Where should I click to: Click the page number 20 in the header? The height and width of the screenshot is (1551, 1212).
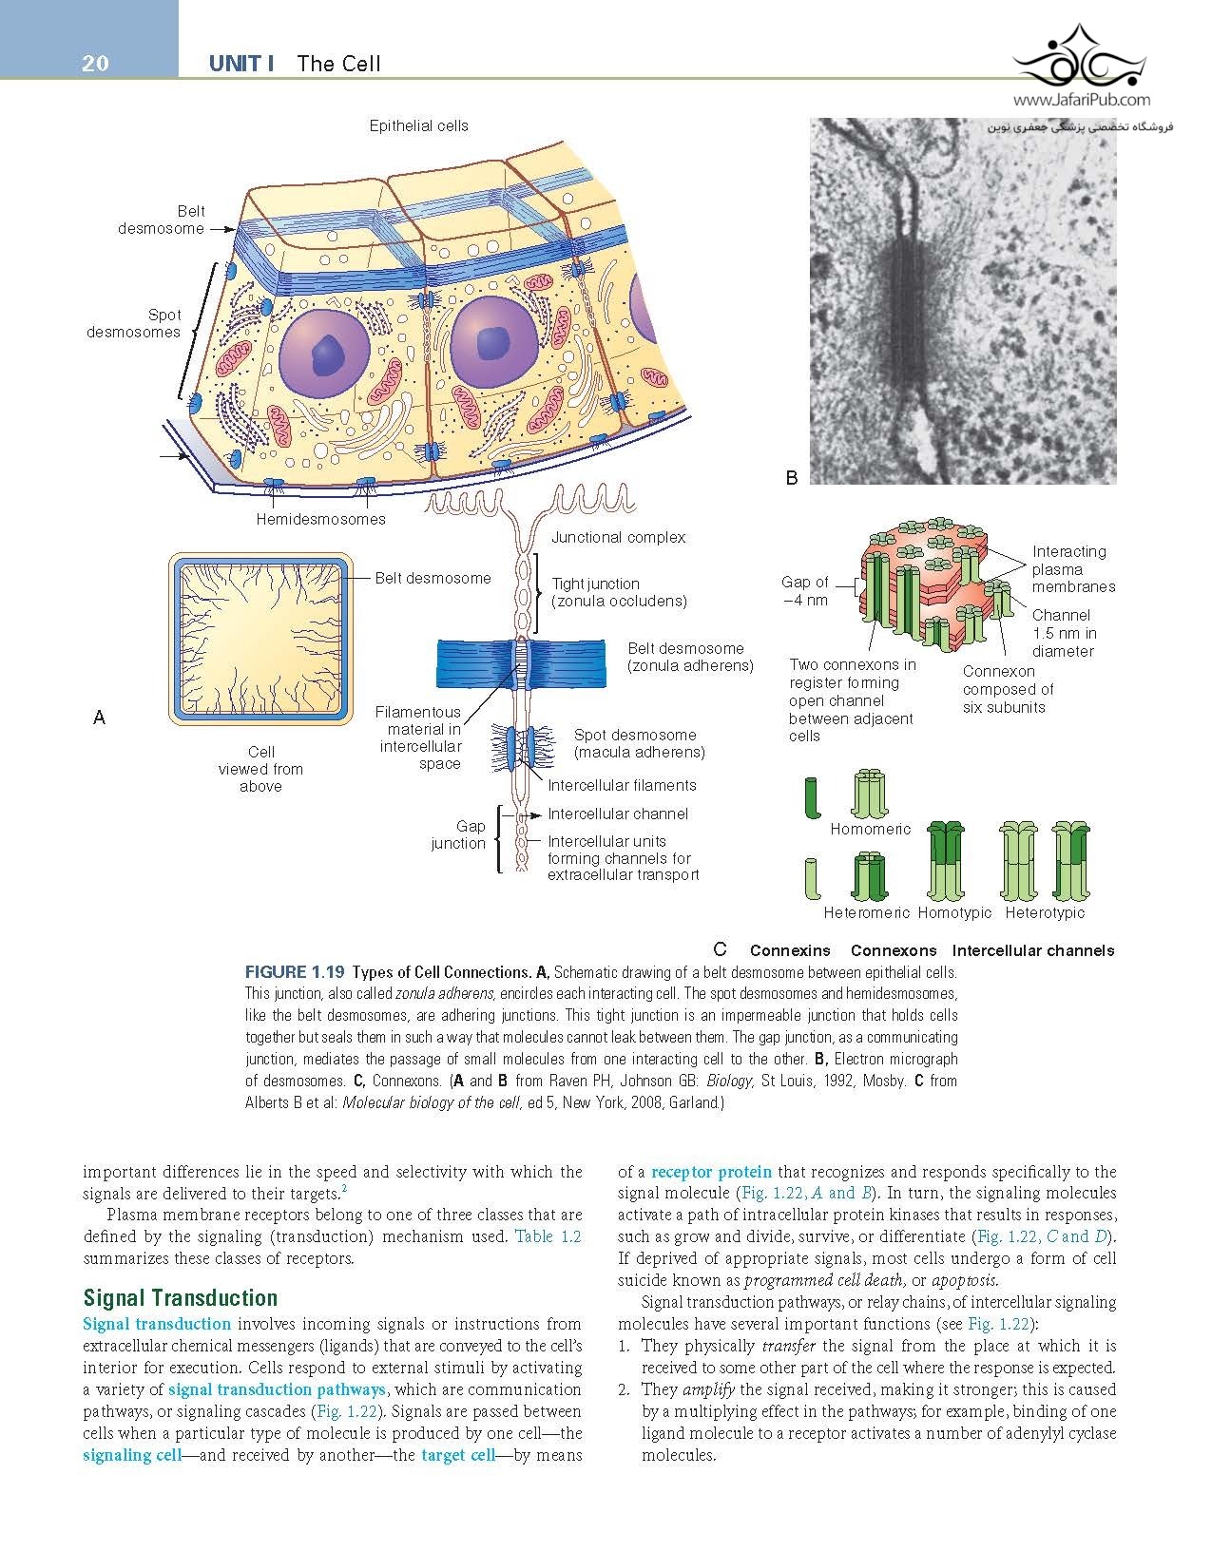click(x=95, y=64)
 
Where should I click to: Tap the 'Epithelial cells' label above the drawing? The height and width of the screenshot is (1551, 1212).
click(x=418, y=125)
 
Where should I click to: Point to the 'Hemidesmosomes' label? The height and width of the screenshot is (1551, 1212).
click(x=320, y=519)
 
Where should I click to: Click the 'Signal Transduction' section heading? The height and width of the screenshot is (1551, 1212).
click(x=181, y=1298)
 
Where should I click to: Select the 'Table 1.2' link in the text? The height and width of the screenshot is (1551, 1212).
click(x=547, y=1236)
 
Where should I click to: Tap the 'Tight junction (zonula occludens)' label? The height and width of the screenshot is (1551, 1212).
click(x=619, y=592)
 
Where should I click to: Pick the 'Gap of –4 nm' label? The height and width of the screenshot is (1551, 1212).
click(x=805, y=590)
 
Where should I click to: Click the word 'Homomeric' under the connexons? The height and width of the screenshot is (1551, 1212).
click(x=870, y=829)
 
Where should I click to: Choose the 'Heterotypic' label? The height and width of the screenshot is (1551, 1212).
click(x=1045, y=912)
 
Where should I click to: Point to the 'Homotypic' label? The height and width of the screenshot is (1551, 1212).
click(x=954, y=912)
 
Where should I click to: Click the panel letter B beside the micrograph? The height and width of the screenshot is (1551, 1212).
click(x=791, y=479)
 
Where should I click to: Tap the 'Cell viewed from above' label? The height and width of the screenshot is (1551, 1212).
click(x=260, y=769)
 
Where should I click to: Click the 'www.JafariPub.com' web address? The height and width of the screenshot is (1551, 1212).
click(x=1082, y=99)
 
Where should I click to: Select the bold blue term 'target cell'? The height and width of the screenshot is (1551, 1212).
click(x=458, y=1455)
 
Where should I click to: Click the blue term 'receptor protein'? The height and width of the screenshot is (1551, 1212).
click(x=711, y=1171)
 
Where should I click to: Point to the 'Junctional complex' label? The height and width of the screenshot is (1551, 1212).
click(x=618, y=537)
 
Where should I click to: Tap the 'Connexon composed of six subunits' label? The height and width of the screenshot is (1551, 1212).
click(x=1008, y=689)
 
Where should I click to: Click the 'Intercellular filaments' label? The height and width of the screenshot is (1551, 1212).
click(x=622, y=785)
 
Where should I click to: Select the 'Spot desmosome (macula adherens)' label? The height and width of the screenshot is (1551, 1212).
click(x=639, y=743)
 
